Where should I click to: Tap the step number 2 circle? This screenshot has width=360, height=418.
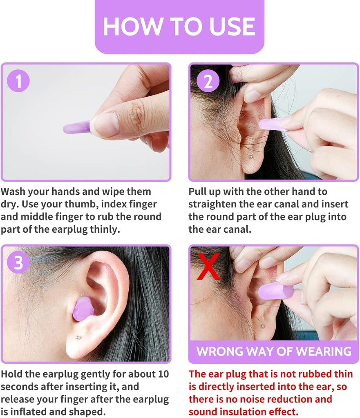tap(208, 82)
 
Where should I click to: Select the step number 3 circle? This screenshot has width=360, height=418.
tap(18, 263)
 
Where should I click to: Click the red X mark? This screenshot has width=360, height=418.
tap(208, 266)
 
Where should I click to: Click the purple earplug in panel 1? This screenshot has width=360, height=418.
tap(77, 128)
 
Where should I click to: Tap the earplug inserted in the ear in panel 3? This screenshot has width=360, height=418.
tap(83, 309)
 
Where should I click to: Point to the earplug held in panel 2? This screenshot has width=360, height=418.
tap(273, 124)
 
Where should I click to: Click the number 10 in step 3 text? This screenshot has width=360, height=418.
tap(163, 374)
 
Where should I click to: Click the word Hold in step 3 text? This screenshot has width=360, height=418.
tap(13, 374)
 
